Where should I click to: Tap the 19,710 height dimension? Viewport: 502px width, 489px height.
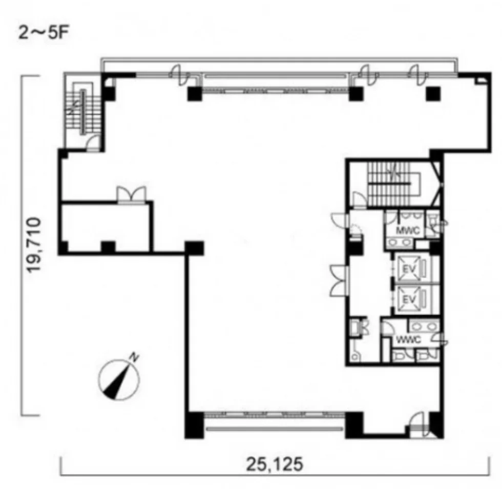pyautogui.click(x=34, y=245)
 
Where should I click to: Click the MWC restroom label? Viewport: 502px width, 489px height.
pyautogui.click(x=408, y=230)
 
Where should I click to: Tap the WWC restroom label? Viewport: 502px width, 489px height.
pyautogui.click(x=408, y=340)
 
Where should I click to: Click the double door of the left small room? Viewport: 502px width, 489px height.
pyautogui.click(x=131, y=194)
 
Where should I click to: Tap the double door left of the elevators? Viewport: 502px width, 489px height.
pyautogui.click(x=339, y=280)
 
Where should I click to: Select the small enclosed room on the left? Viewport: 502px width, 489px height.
pyautogui.click(x=106, y=227)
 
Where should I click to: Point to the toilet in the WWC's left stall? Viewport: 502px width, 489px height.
pyautogui.click(x=399, y=355)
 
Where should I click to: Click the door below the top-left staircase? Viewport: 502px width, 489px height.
pyautogui.click(x=93, y=143)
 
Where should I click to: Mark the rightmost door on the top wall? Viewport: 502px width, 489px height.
pyautogui.click(x=418, y=75)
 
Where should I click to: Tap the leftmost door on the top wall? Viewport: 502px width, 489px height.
pyautogui.click(x=180, y=75)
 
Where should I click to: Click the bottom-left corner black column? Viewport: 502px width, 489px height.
pyautogui.click(x=194, y=425)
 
